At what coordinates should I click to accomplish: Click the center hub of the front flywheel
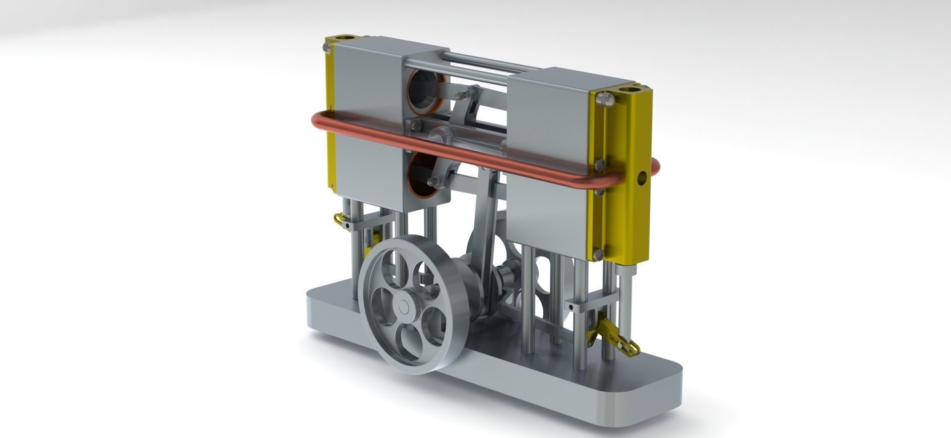(403, 306)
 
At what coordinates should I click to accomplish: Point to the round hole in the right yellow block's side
(642, 177)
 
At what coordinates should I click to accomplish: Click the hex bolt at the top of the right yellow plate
(607, 98)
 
